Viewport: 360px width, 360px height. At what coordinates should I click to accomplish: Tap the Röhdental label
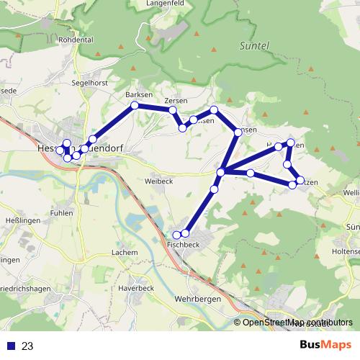tap(76, 40)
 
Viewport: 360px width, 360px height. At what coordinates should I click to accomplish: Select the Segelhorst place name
tap(89, 83)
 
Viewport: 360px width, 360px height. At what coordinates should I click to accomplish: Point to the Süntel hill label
tap(253, 45)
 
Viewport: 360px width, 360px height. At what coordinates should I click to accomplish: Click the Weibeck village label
tap(159, 181)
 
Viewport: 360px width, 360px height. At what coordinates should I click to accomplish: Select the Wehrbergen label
tap(196, 298)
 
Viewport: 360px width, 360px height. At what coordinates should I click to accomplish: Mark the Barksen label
tap(139, 95)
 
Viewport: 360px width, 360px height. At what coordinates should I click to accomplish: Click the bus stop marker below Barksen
tap(134, 106)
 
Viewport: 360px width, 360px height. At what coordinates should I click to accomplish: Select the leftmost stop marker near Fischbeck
tap(176, 235)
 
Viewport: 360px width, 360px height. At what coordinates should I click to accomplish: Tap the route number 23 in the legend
tap(28, 346)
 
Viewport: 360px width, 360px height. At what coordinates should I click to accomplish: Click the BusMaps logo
tap(325, 345)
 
